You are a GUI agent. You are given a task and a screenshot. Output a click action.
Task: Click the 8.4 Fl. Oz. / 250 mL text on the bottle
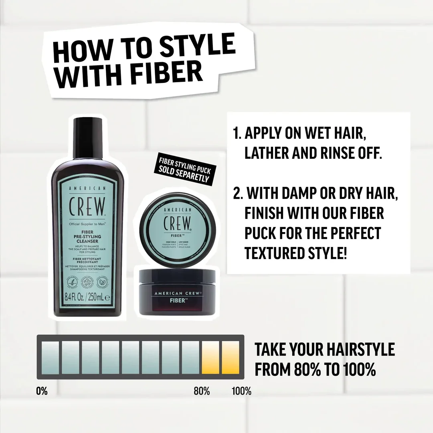pos(87,297)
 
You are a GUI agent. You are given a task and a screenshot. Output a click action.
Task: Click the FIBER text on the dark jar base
pos(177,299)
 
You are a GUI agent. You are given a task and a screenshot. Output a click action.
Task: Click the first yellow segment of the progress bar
pos(210,356)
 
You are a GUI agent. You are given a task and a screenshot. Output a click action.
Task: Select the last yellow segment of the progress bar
pos(231,356)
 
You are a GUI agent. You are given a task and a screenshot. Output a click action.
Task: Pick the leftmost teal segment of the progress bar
pos(50,356)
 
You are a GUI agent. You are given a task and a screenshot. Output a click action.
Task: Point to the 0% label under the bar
pos(42,391)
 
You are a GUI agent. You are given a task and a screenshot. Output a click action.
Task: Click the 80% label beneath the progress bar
pos(202,391)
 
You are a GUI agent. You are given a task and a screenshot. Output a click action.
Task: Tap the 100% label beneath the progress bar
pos(242,391)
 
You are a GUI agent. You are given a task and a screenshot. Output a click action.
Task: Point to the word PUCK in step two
pos(264,233)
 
